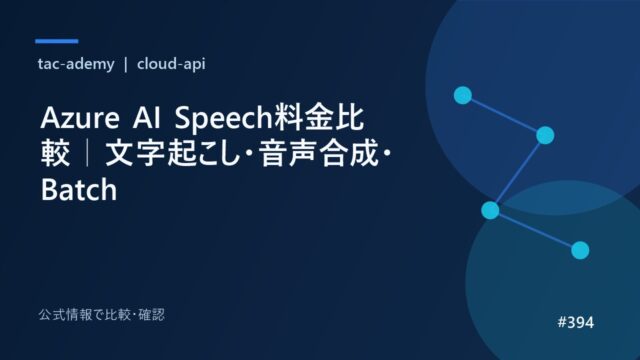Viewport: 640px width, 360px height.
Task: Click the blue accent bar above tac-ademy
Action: click(x=57, y=41)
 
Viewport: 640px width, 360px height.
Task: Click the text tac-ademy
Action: click(x=76, y=64)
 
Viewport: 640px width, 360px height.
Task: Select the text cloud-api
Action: click(x=171, y=64)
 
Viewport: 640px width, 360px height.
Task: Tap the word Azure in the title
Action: click(x=80, y=118)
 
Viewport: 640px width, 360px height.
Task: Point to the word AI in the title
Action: click(x=147, y=118)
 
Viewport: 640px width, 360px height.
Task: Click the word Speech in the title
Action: click(x=223, y=119)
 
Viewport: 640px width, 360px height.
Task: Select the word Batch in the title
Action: click(x=79, y=190)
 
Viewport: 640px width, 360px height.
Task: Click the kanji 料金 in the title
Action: click(x=303, y=118)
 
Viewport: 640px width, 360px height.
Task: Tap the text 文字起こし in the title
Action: click(x=172, y=153)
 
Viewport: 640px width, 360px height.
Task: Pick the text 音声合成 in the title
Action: click(x=318, y=153)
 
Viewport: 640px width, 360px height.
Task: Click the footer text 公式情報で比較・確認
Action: click(x=102, y=315)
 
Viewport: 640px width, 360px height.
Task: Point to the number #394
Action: click(x=576, y=322)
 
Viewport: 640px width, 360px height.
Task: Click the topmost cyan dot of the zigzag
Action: click(x=463, y=95)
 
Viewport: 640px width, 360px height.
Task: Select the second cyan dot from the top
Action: click(x=545, y=135)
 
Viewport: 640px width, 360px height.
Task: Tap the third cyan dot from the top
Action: click(x=490, y=210)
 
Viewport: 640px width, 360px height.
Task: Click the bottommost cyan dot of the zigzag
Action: click(x=580, y=250)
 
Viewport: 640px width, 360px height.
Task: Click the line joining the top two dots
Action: click(x=504, y=115)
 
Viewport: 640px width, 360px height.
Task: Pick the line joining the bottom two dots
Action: click(x=535, y=230)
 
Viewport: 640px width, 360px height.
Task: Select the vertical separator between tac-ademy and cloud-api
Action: click(x=126, y=64)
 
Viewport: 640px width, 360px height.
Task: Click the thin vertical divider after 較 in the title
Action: click(x=88, y=153)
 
